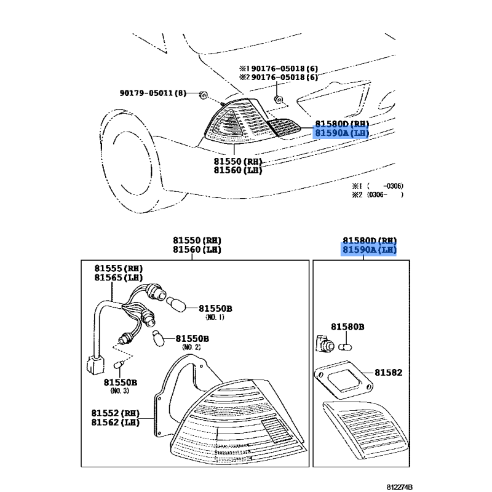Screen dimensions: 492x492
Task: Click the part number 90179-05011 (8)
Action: point(153,93)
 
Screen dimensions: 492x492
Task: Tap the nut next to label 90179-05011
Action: point(204,95)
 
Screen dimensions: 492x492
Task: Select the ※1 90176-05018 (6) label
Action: point(279,68)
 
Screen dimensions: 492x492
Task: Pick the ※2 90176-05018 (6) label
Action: point(279,77)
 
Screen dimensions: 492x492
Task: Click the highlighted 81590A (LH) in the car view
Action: point(342,133)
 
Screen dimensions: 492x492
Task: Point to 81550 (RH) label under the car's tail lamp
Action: point(238,161)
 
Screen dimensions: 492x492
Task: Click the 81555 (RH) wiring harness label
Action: point(119,269)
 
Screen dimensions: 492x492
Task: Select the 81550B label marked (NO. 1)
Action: point(216,309)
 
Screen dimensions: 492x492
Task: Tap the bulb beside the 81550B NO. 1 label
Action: point(176,304)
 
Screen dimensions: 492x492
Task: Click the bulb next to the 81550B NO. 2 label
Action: point(158,338)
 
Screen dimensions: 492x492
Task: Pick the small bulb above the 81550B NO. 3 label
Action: point(119,365)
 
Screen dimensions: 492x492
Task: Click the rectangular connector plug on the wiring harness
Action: point(95,365)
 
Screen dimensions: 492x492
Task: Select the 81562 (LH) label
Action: point(116,423)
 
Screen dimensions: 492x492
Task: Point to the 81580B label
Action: point(347,327)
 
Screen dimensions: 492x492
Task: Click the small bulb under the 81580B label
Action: point(345,347)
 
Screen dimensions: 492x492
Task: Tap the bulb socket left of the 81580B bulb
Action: point(324,344)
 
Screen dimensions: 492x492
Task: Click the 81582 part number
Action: point(389,373)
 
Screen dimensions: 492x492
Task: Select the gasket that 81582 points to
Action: point(344,379)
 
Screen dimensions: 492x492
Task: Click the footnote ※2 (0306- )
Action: point(378,195)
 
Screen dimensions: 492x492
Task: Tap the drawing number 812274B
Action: point(399,487)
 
